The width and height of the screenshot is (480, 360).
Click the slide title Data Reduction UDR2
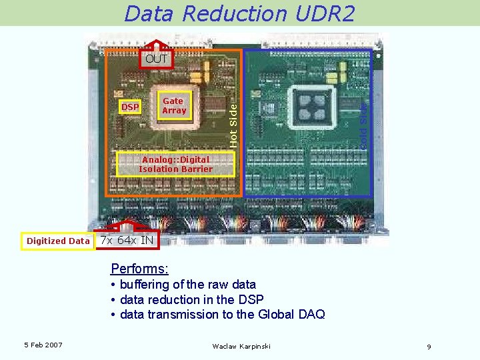coord(239,13)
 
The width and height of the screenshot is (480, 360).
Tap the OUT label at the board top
coord(157,59)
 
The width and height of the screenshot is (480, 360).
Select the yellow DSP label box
coord(130,107)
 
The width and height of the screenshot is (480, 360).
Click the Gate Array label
coord(174,105)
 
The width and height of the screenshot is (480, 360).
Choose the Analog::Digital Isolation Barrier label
coord(175,164)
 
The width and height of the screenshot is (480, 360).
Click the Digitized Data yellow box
coord(58,241)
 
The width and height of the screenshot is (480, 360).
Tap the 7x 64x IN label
coord(127,240)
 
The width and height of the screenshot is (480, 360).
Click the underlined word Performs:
coord(139,269)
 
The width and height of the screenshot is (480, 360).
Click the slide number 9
coord(429,347)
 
